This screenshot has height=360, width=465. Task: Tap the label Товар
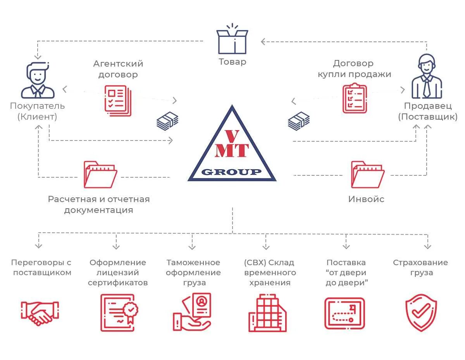click(232, 62)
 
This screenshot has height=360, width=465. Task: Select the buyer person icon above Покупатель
click(38, 80)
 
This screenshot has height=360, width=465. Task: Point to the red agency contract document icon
click(118, 101)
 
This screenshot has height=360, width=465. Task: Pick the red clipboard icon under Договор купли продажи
click(354, 98)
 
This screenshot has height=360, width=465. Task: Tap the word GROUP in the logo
click(232, 172)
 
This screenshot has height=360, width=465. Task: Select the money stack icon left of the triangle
click(167, 121)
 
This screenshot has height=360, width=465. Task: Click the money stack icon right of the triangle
click(298, 121)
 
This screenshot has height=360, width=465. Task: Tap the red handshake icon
click(40, 313)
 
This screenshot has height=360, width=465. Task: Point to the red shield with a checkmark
click(421, 313)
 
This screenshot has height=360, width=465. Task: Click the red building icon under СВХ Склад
click(268, 313)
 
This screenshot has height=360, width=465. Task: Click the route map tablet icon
click(344, 313)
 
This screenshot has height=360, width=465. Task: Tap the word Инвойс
click(366, 199)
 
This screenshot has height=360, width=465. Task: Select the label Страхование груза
click(420, 267)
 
